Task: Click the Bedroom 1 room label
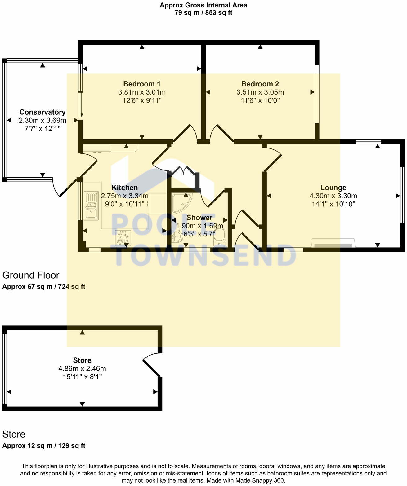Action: coord(142,84)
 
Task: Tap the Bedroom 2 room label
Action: coord(260,84)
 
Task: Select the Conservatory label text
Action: coord(42,112)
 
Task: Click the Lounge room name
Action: coord(333,188)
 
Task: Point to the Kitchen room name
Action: coord(125,188)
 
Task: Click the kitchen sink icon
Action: coord(92,205)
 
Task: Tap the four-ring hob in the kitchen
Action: coord(123,238)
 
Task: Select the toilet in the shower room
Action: coord(219,238)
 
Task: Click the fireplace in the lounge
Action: coord(333,243)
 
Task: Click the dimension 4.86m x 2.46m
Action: coord(82,369)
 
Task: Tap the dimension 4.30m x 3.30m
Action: coord(333,196)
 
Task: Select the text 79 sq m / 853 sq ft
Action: coord(204,13)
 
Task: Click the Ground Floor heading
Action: coord(31,275)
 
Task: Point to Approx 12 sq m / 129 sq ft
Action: coord(44,446)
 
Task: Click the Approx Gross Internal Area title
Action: coord(204,5)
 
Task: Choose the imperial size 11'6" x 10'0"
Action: coord(260,100)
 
